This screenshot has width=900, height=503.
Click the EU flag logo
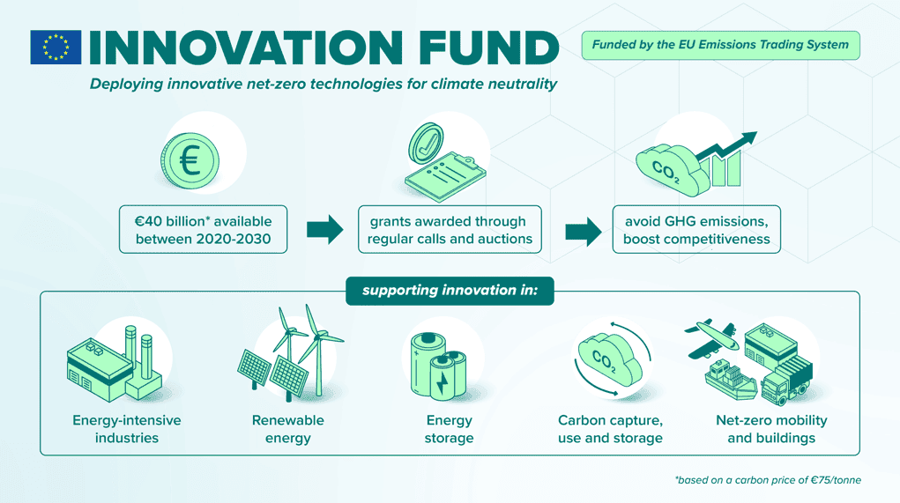56,47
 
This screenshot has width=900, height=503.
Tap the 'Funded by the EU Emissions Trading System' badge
720,45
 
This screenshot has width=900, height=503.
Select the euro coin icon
190,161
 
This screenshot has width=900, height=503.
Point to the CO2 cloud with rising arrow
695,164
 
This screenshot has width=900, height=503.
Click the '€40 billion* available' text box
204,229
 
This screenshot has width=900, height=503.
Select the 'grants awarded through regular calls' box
450,229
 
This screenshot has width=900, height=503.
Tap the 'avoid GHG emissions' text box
696,229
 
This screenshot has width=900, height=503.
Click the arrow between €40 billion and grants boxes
325,230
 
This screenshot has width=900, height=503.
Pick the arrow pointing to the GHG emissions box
584,232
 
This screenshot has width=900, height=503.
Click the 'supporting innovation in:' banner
450,291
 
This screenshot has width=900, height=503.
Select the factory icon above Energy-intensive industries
115,364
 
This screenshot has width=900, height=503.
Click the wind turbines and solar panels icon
290,352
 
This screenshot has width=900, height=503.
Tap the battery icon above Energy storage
438,366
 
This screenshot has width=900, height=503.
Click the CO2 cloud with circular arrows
612,359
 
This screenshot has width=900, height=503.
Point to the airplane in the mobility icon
711,338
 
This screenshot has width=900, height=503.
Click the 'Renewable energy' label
288,429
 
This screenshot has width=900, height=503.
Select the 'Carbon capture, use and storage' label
610,429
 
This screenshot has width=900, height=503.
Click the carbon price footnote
768,480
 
